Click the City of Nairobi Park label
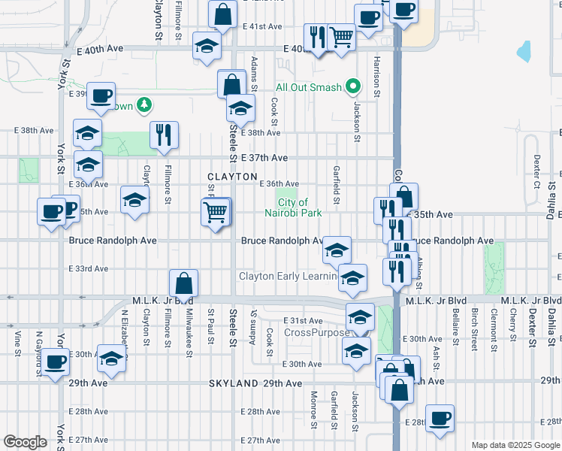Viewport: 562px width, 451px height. point(300,207)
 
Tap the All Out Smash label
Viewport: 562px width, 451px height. point(309,88)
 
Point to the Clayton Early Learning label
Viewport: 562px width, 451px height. point(288,276)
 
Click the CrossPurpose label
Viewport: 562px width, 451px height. point(316,332)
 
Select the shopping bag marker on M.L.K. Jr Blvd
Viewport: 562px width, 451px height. point(183,284)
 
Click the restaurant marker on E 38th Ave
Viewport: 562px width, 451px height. point(164,135)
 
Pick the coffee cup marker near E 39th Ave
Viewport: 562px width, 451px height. point(101,95)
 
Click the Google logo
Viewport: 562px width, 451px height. point(25,442)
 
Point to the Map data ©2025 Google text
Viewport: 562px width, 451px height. point(515,445)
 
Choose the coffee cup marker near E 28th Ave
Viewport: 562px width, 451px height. point(440,419)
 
